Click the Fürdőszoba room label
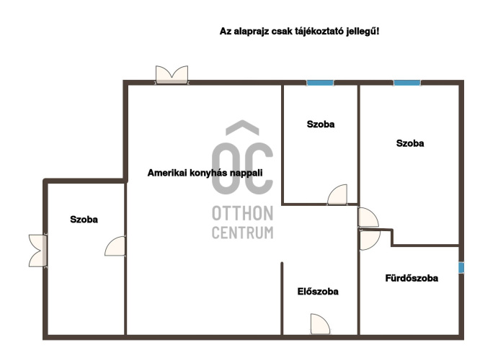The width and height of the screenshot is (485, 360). [x=411, y=278]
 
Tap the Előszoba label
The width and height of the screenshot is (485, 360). [x=318, y=292]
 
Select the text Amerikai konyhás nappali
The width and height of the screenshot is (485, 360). [x=205, y=173]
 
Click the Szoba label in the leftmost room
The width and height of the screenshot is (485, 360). [x=84, y=220]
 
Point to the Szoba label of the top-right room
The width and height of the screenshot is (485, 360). [x=410, y=143]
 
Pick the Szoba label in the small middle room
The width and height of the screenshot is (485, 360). [x=321, y=125]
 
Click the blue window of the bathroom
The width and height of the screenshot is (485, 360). [x=461, y=268]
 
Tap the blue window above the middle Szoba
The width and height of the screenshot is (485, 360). [x=320, y=83]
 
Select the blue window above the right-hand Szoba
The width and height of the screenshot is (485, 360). [x=407, y=83]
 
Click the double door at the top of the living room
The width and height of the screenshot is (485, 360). [x=172, y=75]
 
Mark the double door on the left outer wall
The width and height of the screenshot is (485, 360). [x=37, y=251]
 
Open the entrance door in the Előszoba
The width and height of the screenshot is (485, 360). [x=320, y=324]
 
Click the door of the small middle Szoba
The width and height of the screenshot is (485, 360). [x=337, y=194]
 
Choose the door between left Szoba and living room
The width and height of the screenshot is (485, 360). [x=115, y=246]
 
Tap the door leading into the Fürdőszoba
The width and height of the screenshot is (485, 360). [x=370, y=240]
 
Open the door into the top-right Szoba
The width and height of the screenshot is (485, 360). [x=368, y=217]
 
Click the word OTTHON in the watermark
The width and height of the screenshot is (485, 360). [x=242, y=214]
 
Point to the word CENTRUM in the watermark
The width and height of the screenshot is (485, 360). [x=242, y=233]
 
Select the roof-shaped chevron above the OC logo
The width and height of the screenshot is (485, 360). [x=242, y=127]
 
